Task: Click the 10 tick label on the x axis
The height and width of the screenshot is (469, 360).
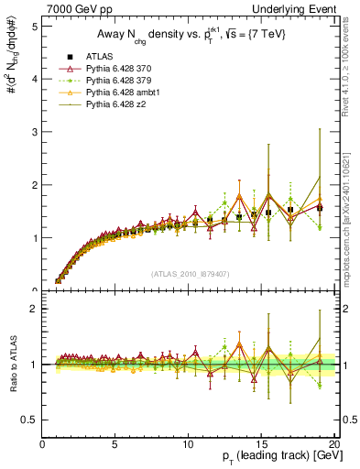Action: point(188,445)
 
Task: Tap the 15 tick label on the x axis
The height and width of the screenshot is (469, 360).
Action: point(261,445)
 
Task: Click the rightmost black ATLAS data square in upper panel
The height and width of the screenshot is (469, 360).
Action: point(320,208)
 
